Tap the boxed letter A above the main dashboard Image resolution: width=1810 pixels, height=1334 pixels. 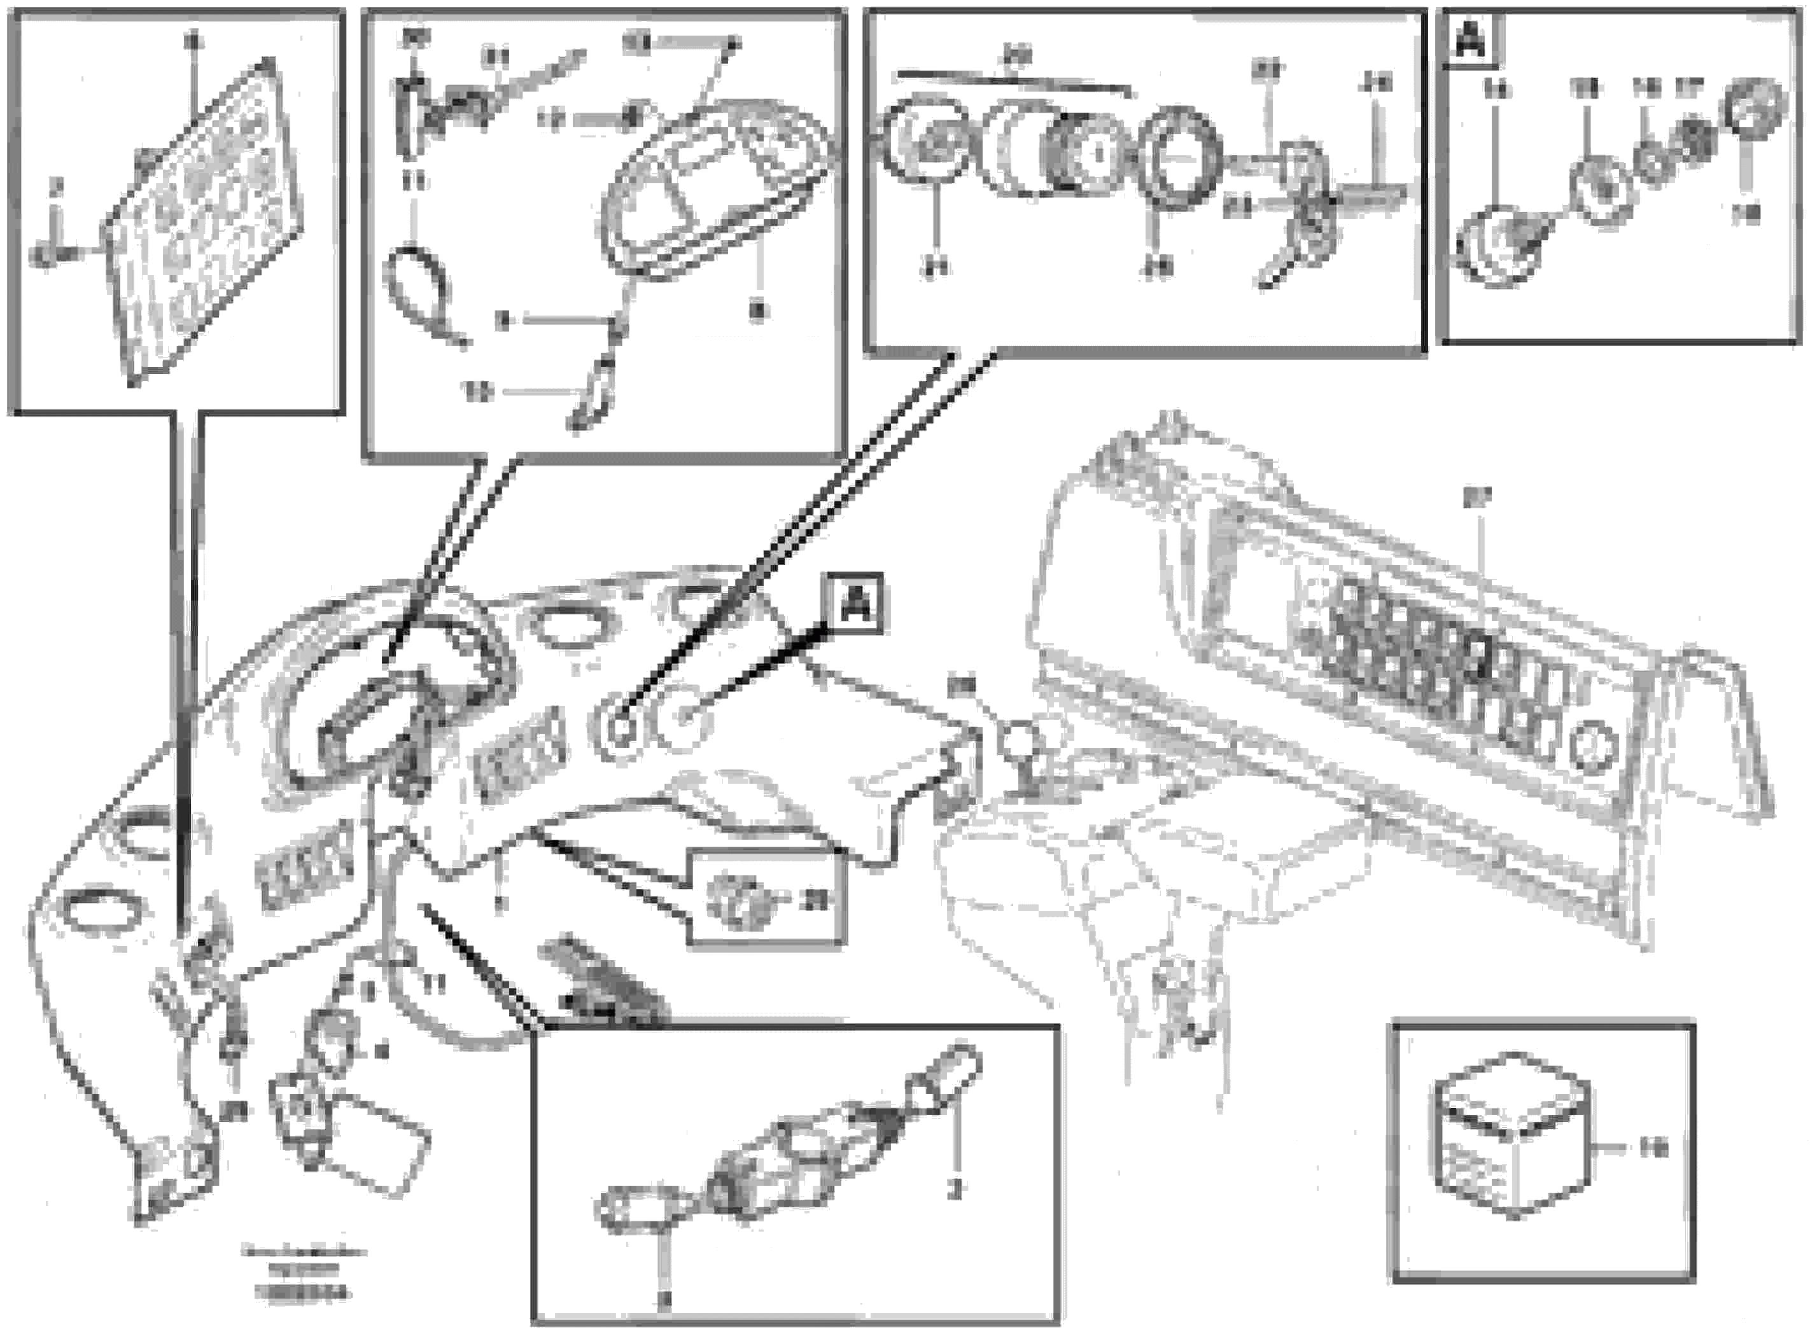pyautogui.click(x=855, y=603)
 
